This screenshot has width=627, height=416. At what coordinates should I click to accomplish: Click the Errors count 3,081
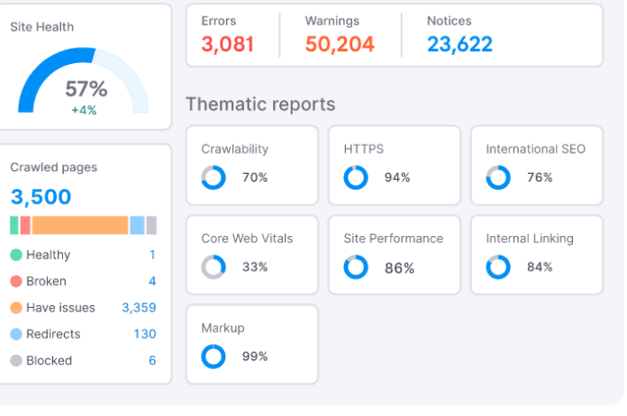pos(228,44)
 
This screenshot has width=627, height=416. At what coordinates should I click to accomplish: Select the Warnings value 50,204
pos(340,44)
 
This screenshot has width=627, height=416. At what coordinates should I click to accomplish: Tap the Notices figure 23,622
pos(459,44)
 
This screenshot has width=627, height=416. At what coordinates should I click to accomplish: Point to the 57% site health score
pos(86,89)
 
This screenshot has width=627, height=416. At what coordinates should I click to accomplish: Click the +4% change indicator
pos(84,110)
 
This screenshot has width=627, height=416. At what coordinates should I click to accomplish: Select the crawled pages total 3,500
pos(41,196)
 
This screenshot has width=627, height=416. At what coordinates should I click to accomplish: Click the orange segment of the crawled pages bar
pos(80,225)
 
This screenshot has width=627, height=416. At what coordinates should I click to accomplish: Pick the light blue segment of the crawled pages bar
pos(137,225)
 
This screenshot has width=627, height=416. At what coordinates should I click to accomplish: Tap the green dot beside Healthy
pos(16,255)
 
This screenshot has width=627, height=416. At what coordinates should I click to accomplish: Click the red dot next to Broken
pos(16,281)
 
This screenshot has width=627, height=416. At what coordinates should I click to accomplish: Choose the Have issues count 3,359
pos(139,308)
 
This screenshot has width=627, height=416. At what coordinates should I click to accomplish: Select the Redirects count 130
pos(145,334)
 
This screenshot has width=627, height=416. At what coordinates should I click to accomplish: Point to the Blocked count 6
pos(152,360)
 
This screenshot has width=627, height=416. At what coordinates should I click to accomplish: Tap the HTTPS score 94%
pos(397,177)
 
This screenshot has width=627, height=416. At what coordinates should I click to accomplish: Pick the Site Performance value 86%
pos(399,268)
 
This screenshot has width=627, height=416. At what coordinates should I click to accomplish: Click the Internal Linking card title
pos(530,239)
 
